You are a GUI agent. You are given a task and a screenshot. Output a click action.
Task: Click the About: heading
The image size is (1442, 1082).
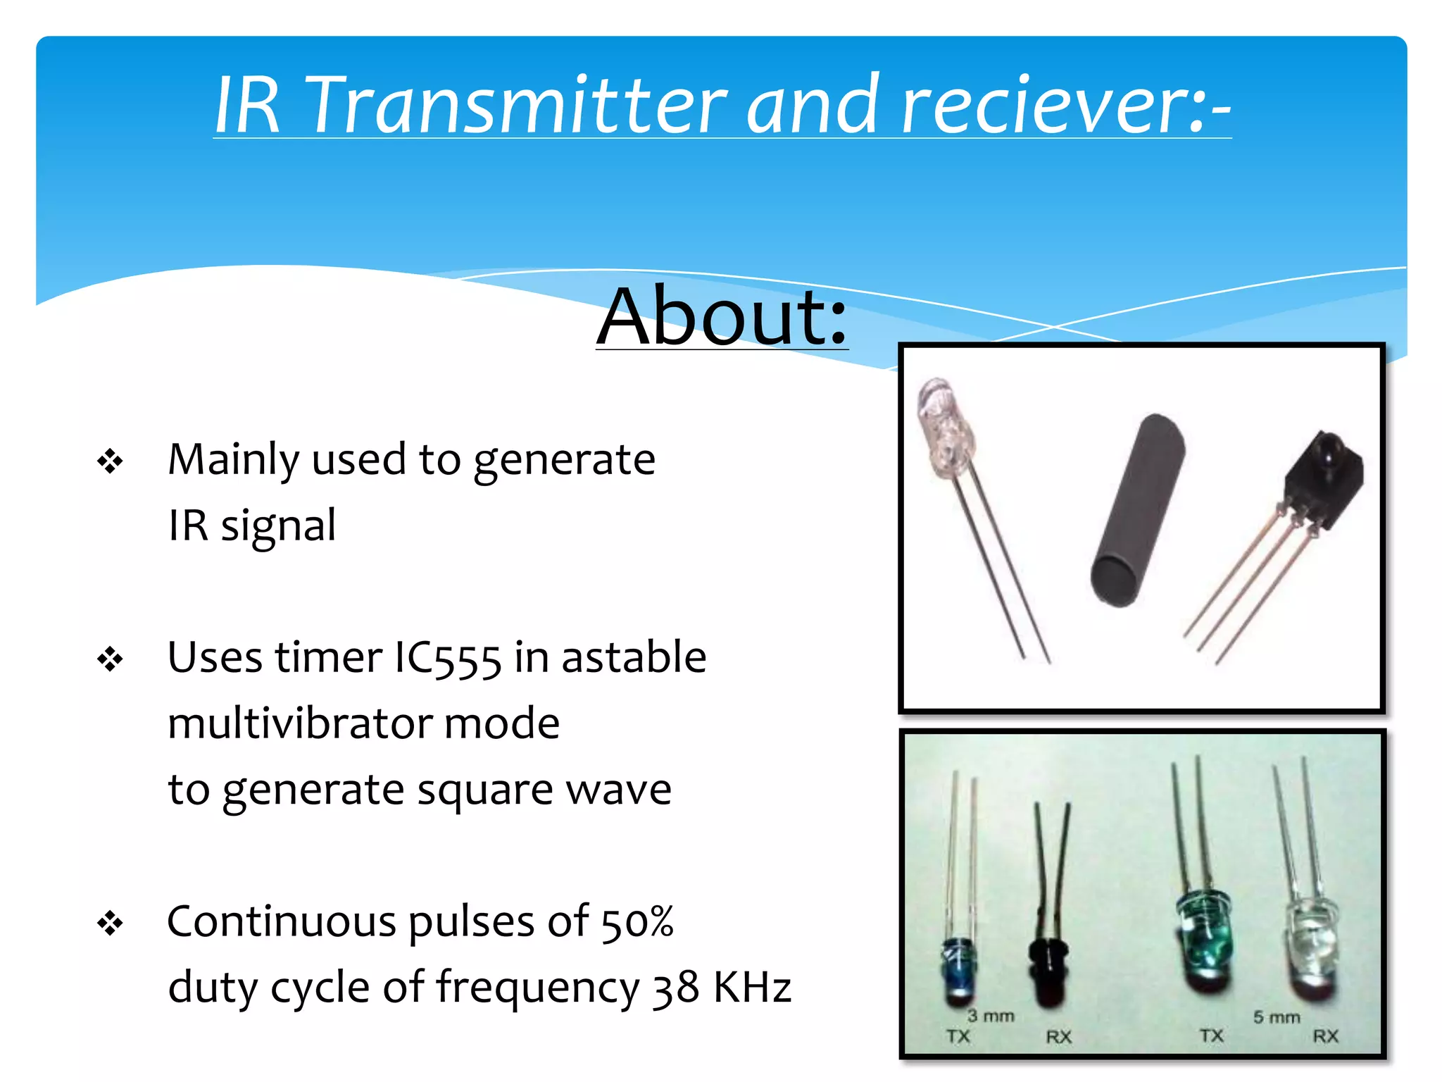tap(722, 316)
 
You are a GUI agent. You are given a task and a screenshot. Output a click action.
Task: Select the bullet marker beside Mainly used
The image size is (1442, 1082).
tap(111, 462)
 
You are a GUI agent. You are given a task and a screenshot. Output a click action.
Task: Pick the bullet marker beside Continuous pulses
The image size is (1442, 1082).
tap(111, 924)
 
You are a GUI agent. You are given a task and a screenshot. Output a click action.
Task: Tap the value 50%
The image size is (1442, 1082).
tap(637, 922)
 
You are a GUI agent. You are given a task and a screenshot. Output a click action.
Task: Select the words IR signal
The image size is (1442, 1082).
tap(252, 526)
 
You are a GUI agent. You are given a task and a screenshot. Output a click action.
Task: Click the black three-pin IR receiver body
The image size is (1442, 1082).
tap(1324, 479)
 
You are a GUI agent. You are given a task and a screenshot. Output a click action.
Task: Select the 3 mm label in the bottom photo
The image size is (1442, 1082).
tap(991, 1016)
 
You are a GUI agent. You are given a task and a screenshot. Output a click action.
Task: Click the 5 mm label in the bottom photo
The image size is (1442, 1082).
tap(1277, 1017)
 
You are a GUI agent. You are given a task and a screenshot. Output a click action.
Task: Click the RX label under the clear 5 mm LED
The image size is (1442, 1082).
tap(1325, 1036)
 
